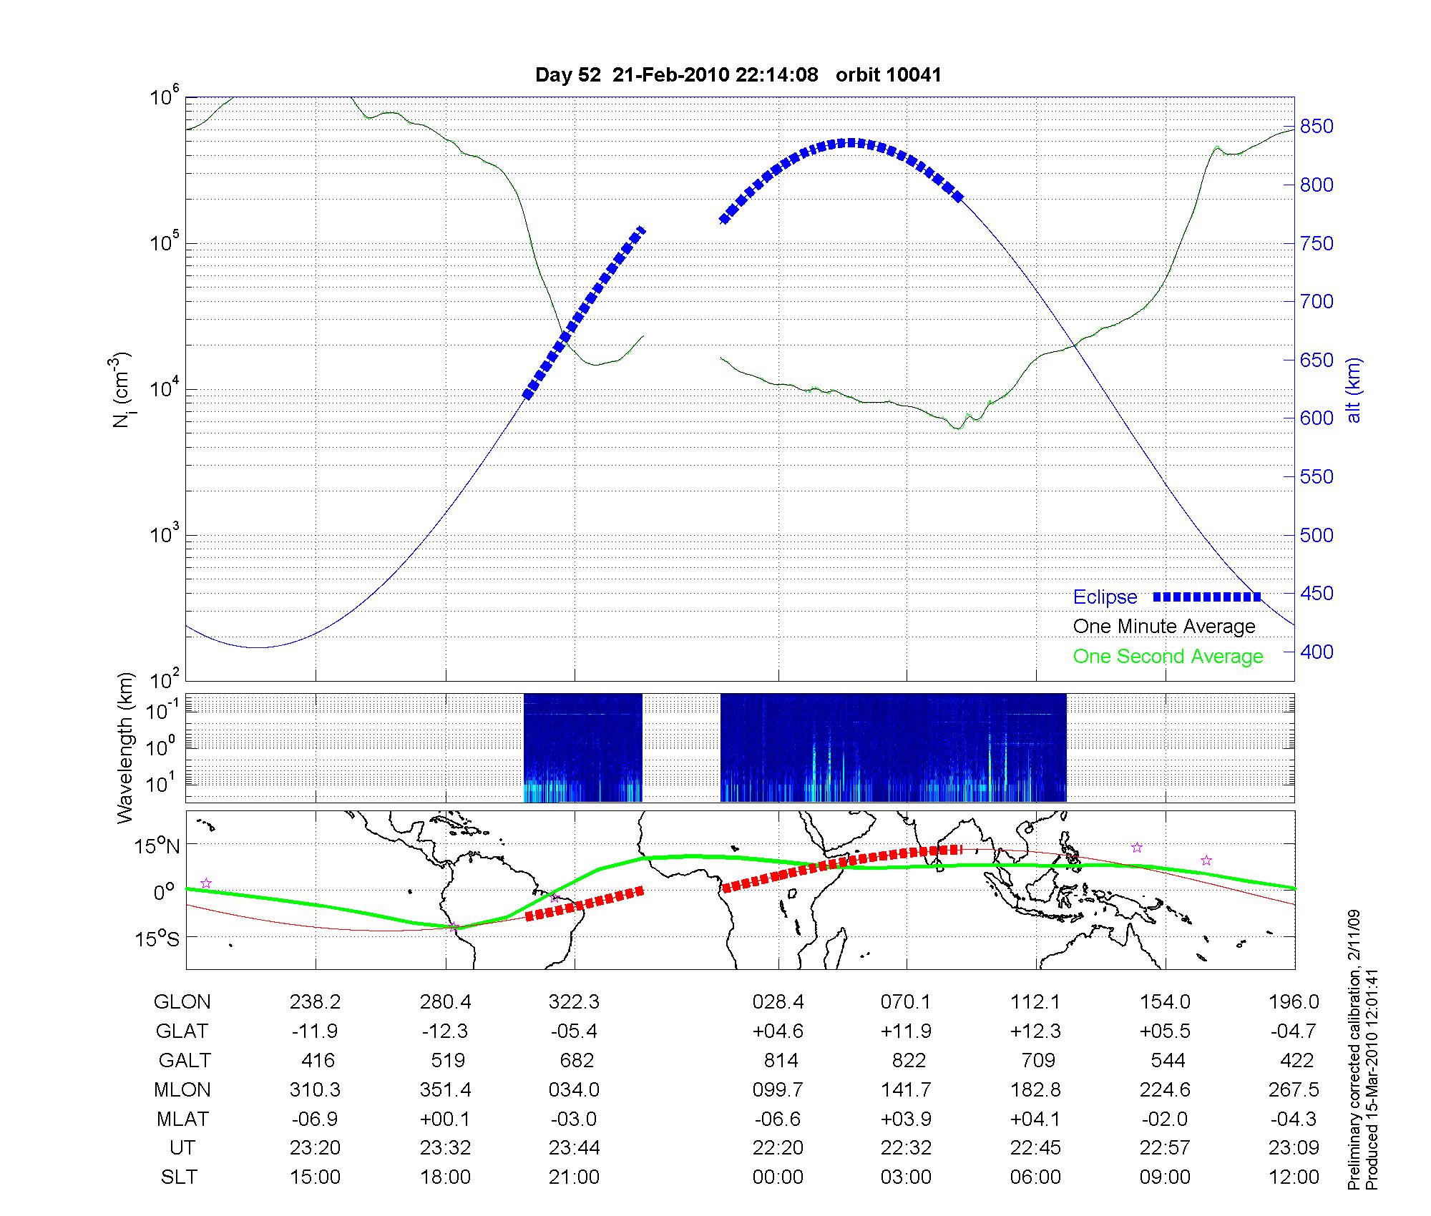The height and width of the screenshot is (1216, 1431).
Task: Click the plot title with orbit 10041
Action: click(x=738, y=74)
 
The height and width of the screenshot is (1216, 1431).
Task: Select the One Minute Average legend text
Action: click(x=1164, y=627)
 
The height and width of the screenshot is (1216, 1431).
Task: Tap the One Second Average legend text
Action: click(x=1168, y=657)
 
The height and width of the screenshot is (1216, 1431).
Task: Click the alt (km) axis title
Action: click(x=1354, y=390)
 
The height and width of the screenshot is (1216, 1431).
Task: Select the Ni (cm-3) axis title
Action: click(x=123, y=390)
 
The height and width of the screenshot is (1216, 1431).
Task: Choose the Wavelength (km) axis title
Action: click(x=126, y=747)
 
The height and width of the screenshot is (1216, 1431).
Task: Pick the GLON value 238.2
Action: click(x=315, y=1002)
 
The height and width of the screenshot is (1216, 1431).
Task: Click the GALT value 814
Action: click(x=778, y=1060)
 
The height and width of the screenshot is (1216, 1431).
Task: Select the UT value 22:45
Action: click(x=1035, y=1148)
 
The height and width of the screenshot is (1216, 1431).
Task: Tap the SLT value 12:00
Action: click(x=1294, y=1177)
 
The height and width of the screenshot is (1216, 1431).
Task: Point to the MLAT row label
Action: click(x=182, y=1119)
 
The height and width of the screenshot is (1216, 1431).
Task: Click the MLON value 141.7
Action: click(x=907, y=1090)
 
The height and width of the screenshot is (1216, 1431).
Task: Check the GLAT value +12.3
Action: click(x=1035, y=1031)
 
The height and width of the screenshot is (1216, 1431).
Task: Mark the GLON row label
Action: click(x=182, y=1002)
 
